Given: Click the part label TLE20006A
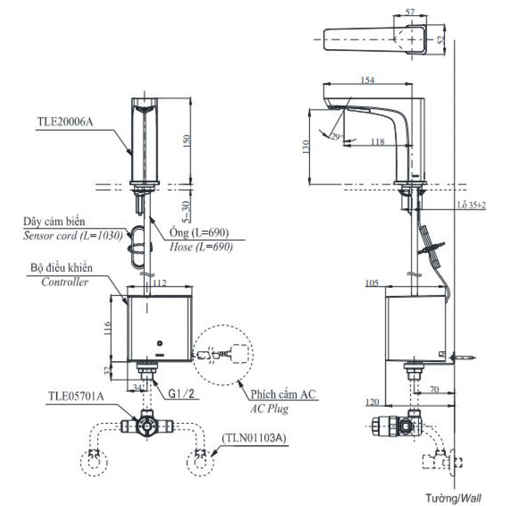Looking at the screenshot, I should point(65,123).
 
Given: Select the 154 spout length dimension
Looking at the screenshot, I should point(367,80).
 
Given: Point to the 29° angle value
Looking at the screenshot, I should point(337,136).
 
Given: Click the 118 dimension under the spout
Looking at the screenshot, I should point(377,142).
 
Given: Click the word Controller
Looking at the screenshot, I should point(65,282).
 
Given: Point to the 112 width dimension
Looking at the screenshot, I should point(159,282).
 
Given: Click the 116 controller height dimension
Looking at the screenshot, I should point(106,329).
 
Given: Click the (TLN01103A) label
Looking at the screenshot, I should point(253,438).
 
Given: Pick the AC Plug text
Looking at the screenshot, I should point(269,409).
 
